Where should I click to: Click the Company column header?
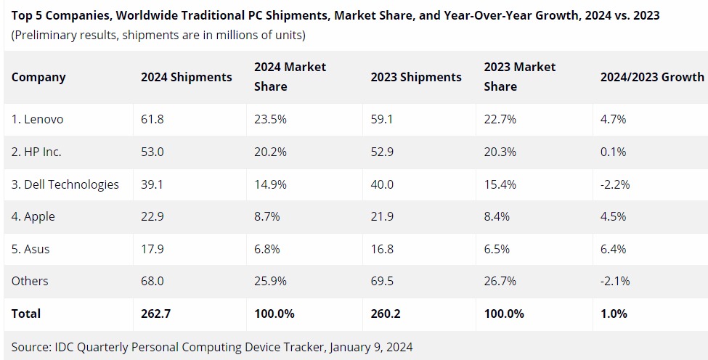[38, 77]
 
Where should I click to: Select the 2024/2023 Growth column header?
[651, 77]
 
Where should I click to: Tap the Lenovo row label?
[37, 120]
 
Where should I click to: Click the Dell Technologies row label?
[65, 184]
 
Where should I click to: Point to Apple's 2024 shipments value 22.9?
[152, 217]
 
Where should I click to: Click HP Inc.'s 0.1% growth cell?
[612, 152]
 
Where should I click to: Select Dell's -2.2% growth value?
[614, 184]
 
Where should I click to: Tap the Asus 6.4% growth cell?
[613, 249]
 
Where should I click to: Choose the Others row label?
[30, 281]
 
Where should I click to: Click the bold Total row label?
[26, 314]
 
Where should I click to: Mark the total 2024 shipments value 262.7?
[155, 314]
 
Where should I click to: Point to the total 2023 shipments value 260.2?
[386, 314]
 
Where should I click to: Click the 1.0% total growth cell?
[614, 314]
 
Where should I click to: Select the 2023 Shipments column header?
[416, 77]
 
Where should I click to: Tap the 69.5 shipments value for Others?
[382, 281]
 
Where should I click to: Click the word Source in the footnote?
[30, 346]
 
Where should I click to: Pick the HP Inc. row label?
[36, 152]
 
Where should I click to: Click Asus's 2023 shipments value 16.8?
[382, 249]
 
